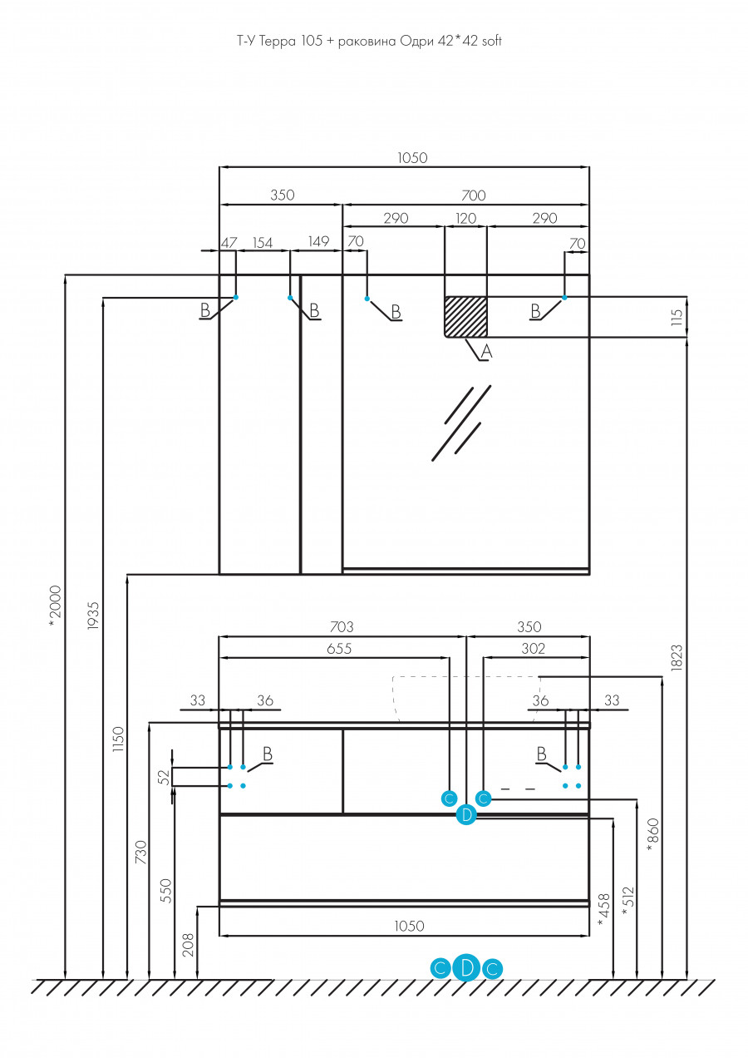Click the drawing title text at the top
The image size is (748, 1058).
point(369,40)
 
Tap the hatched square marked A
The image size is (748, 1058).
point(465,317)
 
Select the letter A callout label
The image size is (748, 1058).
point(487,352)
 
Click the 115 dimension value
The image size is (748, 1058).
point(677,317)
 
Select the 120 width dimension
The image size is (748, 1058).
point(465,219)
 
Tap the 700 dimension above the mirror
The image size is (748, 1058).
point(473,195)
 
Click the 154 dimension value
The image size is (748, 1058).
point(263,242)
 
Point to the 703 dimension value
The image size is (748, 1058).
point(342,627)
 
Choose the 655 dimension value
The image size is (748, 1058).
point(338,650)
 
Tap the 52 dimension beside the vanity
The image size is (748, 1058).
point(164,777)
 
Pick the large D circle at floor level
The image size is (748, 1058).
point(466,967)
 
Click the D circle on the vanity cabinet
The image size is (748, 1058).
point(466,815)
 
